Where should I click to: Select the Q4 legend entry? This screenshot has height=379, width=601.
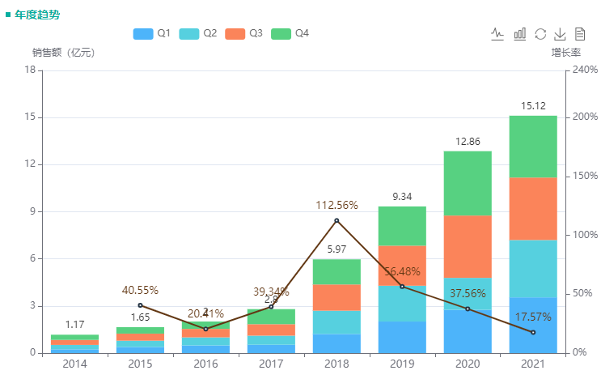click(x=290, y=34)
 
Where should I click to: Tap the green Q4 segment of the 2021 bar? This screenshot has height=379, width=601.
click(x=533, y=146)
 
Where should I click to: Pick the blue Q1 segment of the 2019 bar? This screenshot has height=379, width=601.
click(x=402, y=337)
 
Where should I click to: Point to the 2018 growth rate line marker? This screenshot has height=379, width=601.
click(x=336, y=220)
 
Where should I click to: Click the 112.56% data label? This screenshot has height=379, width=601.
click(x=336, y=205)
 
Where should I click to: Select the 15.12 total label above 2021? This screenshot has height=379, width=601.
click(x=533, y=106)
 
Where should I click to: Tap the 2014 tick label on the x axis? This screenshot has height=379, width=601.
click(x=74, y=365)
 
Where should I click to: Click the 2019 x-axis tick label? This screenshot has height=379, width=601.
click(x=402, y=365)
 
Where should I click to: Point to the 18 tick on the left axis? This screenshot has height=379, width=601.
click(x=30, y=70)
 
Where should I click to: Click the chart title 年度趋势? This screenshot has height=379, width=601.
click(x=37, y=15)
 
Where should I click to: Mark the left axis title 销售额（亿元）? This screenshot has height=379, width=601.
click(x=63, y=53)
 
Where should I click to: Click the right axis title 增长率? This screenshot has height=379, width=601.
click(x=566, y=53)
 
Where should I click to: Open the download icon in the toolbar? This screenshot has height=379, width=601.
click(x=560, y=34)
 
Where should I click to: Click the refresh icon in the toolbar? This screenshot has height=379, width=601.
click(x=540, y=34)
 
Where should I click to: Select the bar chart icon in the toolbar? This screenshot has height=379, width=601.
click(x=520, y=34)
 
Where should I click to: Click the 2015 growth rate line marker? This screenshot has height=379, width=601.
click(x=140, y=305)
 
